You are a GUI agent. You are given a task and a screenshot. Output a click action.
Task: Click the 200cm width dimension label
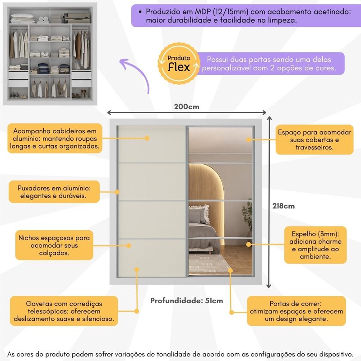186,107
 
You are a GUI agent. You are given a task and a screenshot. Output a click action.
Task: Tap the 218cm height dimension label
283,206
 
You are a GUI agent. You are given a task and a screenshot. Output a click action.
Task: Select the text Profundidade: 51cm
186,301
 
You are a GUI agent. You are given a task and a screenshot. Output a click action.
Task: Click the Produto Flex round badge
179,64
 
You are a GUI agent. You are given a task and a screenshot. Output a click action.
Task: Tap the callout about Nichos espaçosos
54,245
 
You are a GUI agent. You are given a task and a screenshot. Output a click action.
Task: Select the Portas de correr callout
296,311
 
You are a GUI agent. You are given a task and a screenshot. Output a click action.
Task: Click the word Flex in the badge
179,67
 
